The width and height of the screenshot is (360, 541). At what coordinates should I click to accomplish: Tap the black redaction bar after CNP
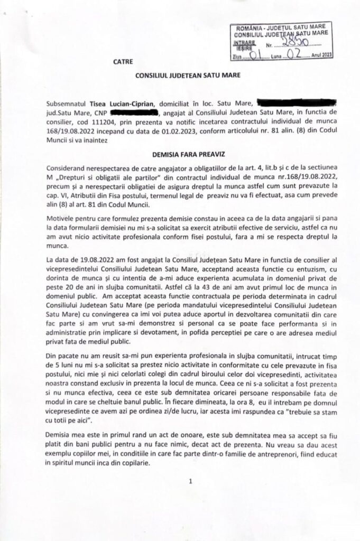click(x=134, y=113)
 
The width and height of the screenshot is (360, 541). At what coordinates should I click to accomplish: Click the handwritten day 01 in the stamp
click(x=255, y=55)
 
